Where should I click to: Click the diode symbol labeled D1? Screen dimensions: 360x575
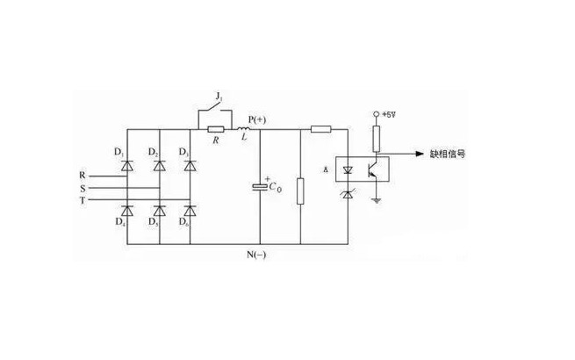pyautogui.click(x=126, y=163)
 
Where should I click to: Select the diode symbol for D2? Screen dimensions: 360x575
pyautogui.click(x=159, y=163)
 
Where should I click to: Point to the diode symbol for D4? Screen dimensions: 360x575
pyautogui.click(x=126, y=210)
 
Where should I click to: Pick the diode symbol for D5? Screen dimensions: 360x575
pyautogui.click(x=159, y=210)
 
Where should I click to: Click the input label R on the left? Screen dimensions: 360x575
pyautogui.click(x=83, y=175)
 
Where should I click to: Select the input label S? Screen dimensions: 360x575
pyautogui.click(x=83, y=186)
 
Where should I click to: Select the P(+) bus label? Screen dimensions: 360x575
pyautogui.click(x=260, y=117)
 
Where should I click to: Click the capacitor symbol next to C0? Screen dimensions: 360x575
pyautogui.click(x=260, y=186)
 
